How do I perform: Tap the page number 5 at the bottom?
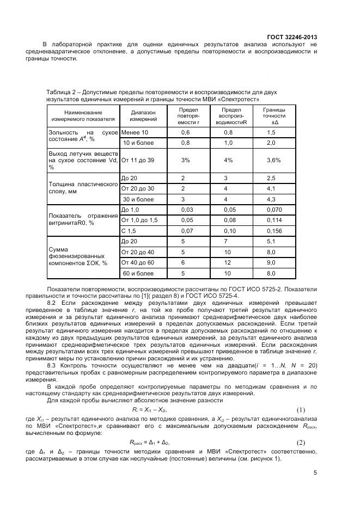315,472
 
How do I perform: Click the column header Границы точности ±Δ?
271,115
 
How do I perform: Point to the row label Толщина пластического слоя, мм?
83,188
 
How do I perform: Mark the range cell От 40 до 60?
138,262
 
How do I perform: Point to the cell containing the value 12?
228,262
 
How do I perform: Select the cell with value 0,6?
186,133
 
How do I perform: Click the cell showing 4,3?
271,199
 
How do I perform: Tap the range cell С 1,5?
129,230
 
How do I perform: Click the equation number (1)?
301,409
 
